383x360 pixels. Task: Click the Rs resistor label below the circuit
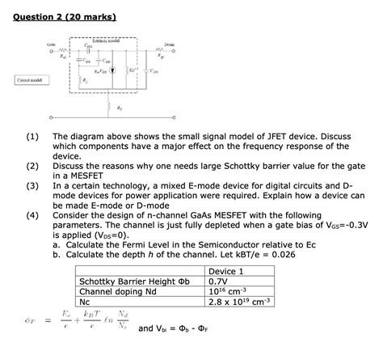pyautogui.click(x=120, y=108)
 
